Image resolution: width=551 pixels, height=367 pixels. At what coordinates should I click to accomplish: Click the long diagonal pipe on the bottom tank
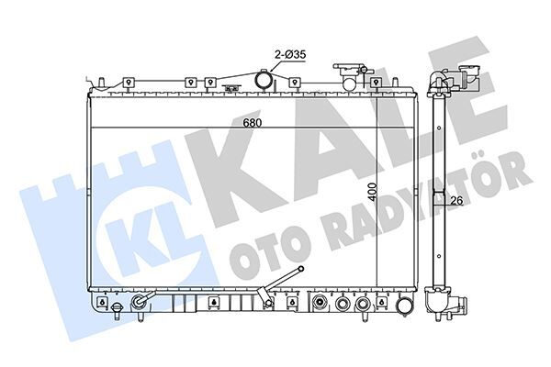tap(284, 281)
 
